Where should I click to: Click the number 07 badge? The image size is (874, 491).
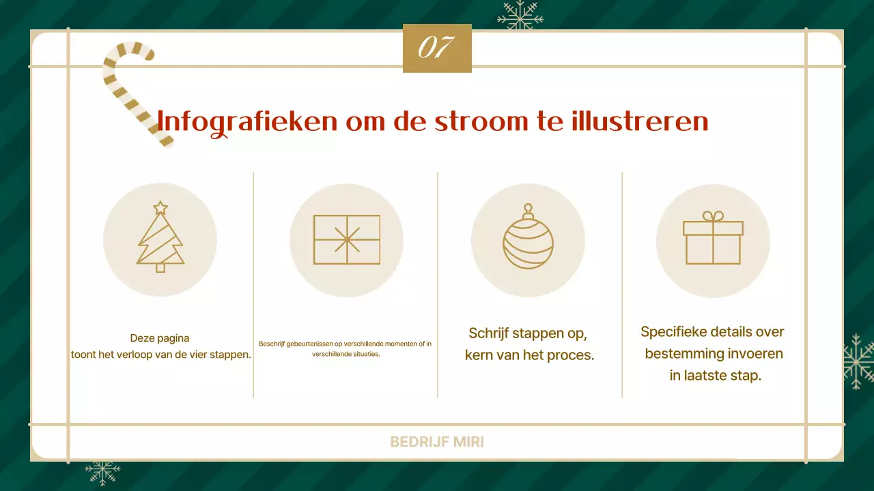point(437,48)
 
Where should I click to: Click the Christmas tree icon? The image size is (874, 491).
point(160,239)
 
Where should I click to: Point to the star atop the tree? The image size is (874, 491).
point(160,207)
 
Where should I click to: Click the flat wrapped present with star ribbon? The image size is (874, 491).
point(347,239)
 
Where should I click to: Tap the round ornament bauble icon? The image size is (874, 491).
point(528,239)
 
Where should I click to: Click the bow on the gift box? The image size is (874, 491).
point(713,216)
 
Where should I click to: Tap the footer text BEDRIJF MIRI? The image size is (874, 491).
point(437,442)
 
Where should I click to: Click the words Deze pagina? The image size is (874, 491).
point(160,338)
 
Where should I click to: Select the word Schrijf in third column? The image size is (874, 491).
point(488,333)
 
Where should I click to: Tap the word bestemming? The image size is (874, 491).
point(684,354)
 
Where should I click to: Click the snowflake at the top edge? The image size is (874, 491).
point(520,15)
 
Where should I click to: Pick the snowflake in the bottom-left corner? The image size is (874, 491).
point(102,471)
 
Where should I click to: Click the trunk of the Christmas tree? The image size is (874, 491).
point(160,267)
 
